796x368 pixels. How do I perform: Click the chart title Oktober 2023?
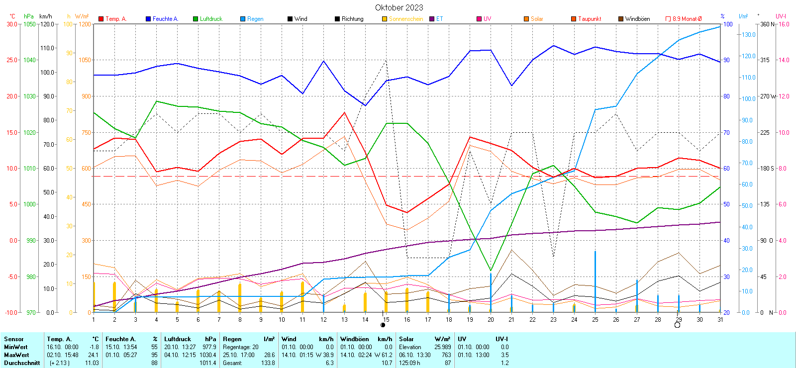tap(399, 7)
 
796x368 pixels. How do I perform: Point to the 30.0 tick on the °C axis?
tap(12, 24)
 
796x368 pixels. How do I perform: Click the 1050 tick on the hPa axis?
tap(30, 24)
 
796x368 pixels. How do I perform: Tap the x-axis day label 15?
tap(386, 320)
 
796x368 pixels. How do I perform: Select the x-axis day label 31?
tap(720, 320)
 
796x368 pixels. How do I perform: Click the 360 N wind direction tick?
tap(767, 24)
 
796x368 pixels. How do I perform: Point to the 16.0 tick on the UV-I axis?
tap(784, 24)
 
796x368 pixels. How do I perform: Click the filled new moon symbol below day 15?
tap(383, 325)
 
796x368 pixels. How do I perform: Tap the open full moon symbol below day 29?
tap(677, 325)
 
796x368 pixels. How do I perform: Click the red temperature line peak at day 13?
tap(344, 112)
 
